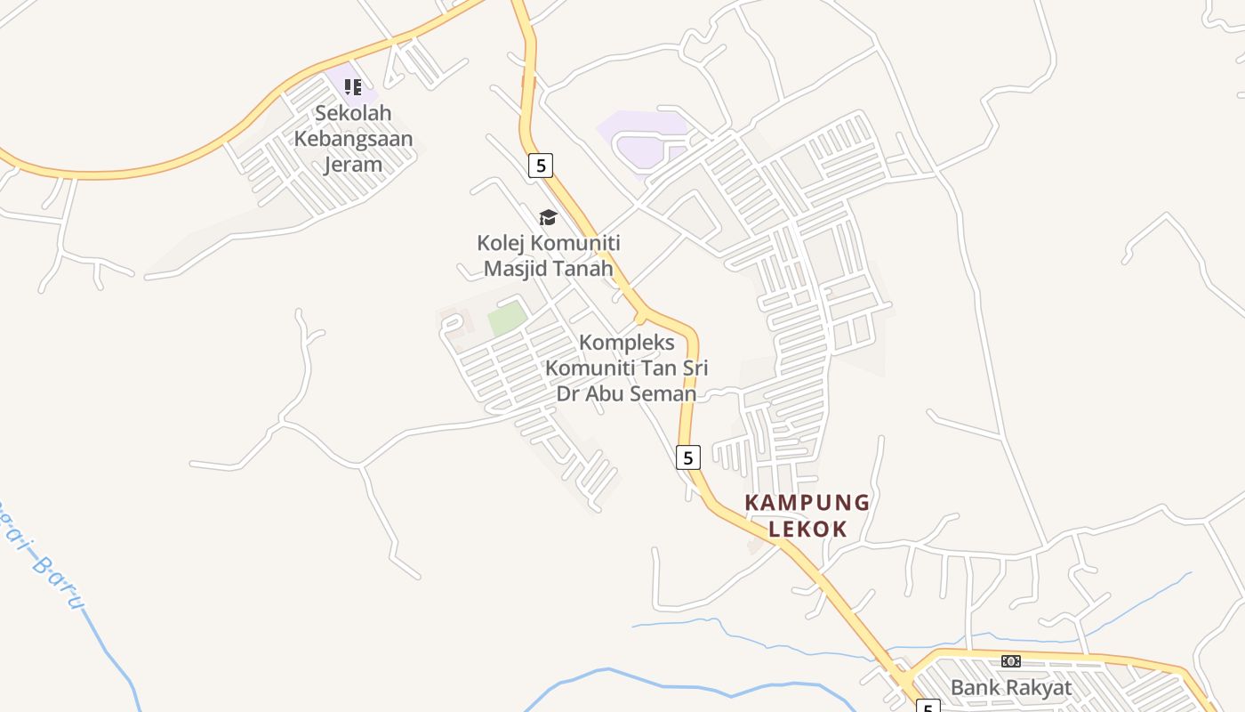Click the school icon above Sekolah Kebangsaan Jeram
(353, 87)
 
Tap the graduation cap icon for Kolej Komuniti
(548, 217)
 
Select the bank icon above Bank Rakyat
(1010, 661)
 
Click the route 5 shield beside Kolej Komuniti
(540, 166)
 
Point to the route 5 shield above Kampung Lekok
(687, 457)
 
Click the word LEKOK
(807, 529)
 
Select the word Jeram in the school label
(353, 165)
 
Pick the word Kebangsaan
(353, 140)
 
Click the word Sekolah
(353, 114)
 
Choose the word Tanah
(584, 269)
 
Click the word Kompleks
(627, 343)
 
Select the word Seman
(663, 393)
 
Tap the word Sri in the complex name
(695, 368)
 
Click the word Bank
(971, 688)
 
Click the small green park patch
(507, 317)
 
